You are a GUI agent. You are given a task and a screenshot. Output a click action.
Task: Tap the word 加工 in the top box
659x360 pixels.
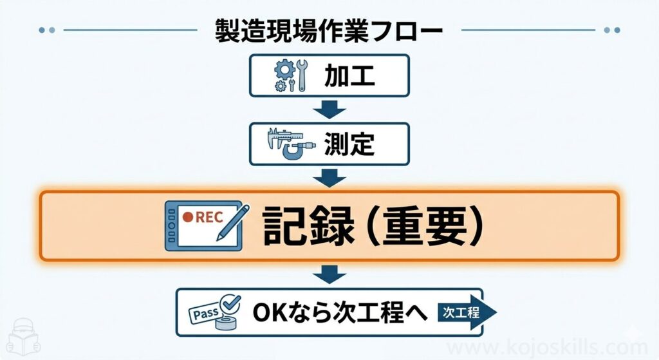tap(349, 77)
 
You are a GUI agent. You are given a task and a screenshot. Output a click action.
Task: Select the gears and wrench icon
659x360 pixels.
tap(291, 77)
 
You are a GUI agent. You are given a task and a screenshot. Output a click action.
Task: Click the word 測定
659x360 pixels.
tap(349, 143)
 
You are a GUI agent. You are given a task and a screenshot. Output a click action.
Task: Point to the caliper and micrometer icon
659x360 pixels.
tap(291, 143)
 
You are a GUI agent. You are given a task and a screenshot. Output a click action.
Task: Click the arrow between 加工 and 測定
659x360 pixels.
tap(329, 110)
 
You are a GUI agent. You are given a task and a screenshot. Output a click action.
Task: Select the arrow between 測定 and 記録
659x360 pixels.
tap(329, 176)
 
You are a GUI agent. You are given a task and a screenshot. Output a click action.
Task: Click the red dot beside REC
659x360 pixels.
tap(187, 218)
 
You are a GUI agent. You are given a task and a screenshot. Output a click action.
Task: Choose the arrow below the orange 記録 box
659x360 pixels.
tap(329, 276)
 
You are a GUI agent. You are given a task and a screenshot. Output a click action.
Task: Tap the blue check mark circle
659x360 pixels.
tap(229, 303)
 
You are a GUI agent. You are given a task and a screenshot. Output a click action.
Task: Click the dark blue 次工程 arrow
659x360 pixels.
tap(469, 312)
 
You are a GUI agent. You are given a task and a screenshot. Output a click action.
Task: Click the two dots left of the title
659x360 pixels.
tap(47, 30)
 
